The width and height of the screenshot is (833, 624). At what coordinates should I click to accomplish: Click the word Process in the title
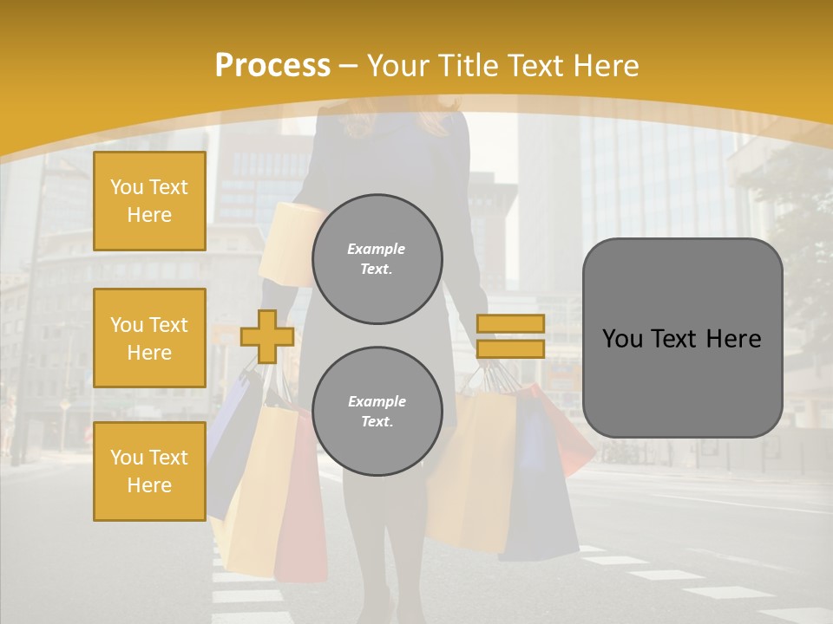pos(272,66)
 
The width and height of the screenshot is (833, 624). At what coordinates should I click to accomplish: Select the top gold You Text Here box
pos(149,201)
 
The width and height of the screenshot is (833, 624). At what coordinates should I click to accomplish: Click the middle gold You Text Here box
pos(149,338)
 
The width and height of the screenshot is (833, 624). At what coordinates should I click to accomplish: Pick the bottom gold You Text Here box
pos(149,471)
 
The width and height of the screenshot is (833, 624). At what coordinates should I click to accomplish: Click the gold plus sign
pos(266,336)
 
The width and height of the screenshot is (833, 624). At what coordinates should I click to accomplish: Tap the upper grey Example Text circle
pos(377,258)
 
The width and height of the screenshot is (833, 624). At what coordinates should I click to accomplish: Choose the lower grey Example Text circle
pos(377,411)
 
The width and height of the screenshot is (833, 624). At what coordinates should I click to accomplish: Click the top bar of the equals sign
pos(510,323)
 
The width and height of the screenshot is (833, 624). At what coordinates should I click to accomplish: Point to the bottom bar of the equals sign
pos(510,348)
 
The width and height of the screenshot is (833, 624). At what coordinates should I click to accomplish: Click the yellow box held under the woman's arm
pos(286,234)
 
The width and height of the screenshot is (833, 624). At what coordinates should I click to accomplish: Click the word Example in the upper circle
pos(377,249)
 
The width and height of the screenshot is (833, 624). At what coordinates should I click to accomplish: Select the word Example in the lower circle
pos(377,401)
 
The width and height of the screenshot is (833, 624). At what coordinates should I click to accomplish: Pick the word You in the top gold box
pos(126,187)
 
